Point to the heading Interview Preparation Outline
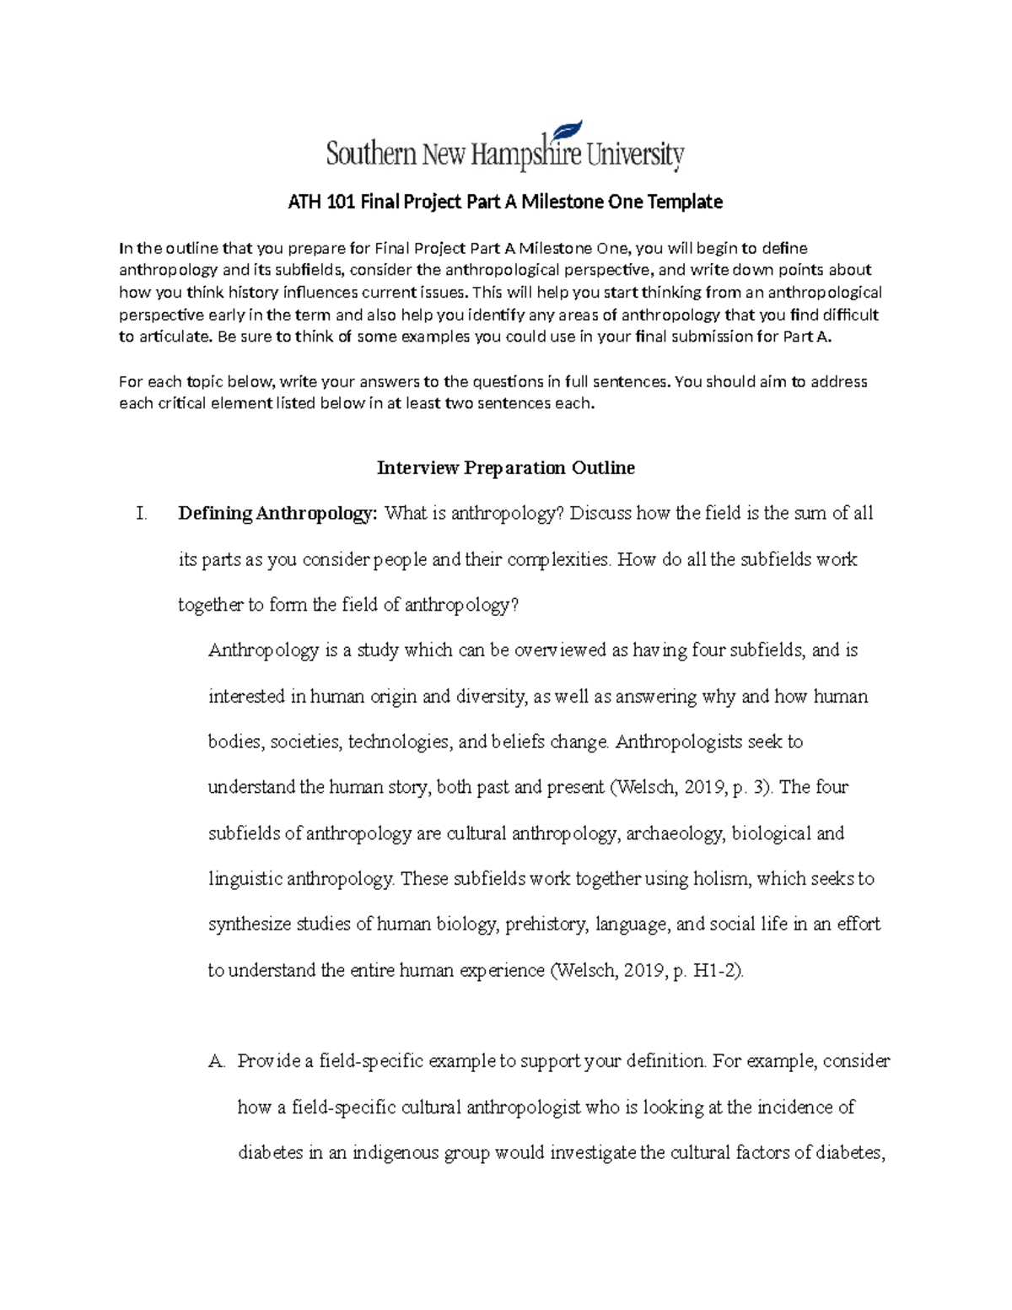505,468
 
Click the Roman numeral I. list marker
142,514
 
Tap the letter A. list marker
218,1061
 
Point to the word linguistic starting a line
245,879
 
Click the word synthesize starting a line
250,925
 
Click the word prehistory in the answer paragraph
546,925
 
